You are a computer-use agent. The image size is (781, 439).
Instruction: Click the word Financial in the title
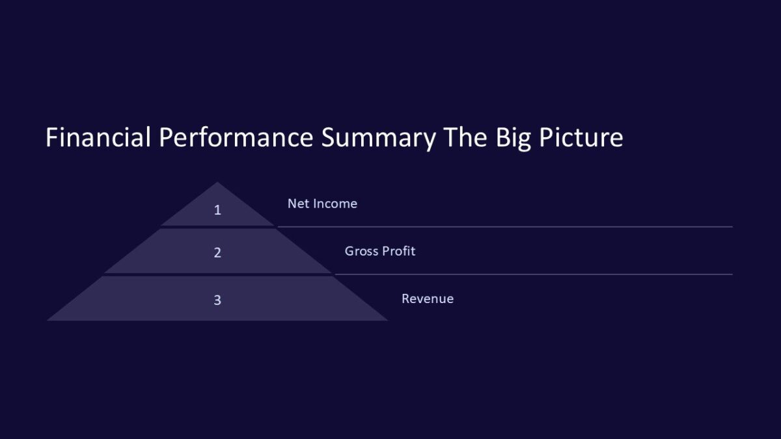[98, 138]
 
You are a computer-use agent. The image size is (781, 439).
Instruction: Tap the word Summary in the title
[378, 138]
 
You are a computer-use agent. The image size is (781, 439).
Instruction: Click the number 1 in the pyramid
[217, 210]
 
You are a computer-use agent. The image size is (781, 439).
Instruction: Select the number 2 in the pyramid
[217, 252]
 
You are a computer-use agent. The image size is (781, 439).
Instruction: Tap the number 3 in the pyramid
[217, 300]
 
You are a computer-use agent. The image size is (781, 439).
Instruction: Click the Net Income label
[322, 204]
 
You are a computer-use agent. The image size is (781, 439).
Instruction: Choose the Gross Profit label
[379, 251]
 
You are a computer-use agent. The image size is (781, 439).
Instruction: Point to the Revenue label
[427, 299]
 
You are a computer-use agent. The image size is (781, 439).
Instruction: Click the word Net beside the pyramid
[299, 204]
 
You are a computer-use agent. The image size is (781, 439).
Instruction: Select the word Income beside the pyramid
[335, 204]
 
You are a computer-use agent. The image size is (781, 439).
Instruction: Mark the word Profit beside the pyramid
[399, 251]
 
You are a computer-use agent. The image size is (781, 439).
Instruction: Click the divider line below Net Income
[504, 227]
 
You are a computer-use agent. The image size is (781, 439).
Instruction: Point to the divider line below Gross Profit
[534, 274]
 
